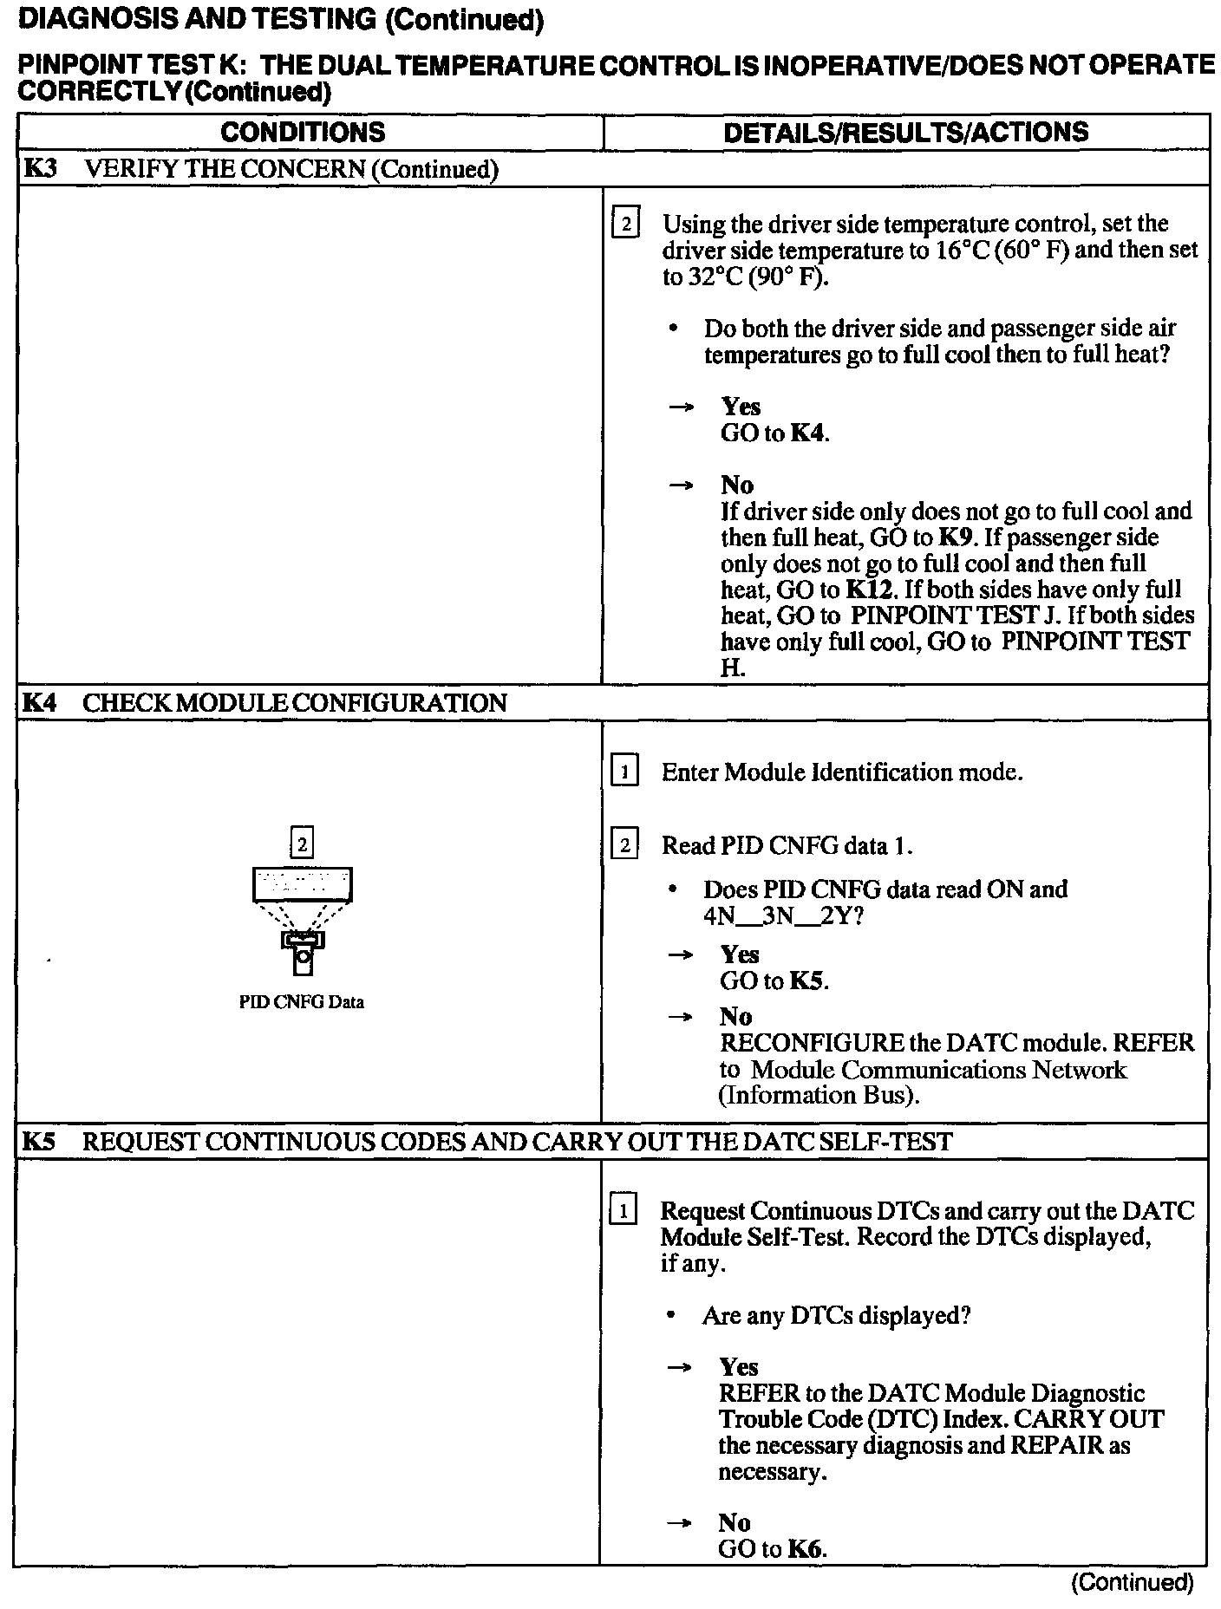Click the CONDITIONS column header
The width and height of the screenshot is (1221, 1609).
[303, 132]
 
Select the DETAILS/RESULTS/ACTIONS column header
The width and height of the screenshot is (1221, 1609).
[905, 132]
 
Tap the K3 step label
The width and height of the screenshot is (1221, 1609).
[40, 168]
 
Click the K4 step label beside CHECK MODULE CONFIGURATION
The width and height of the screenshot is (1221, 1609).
[40, 702]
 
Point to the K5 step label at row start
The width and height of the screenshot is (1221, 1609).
[40, 1142]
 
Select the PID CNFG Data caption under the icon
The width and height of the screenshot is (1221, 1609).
[301, 1002]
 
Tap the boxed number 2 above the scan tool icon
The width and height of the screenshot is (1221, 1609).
[302, 844]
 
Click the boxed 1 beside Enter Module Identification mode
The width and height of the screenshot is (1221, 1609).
[625, 772]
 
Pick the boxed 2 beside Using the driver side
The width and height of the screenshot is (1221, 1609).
[625, 225]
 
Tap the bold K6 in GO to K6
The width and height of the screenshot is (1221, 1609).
[806, 1549]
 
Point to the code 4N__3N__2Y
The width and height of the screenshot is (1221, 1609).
[783, 915]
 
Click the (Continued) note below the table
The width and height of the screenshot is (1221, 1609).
[1133, 1583]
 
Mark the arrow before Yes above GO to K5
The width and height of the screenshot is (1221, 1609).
[682, 954]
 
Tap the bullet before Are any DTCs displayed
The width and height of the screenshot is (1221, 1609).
[671, 1316]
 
